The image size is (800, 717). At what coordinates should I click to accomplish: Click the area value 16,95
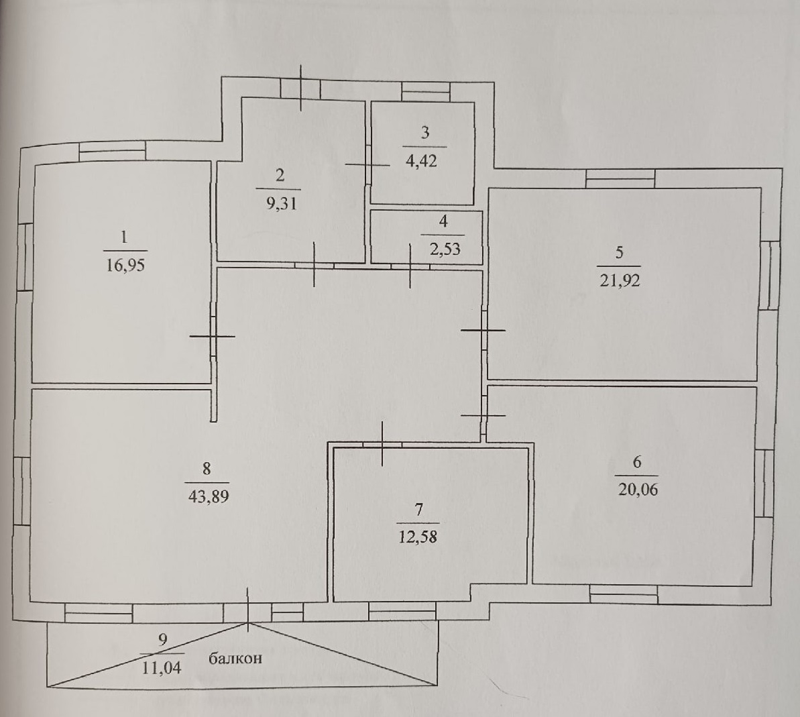[x=125, y=266]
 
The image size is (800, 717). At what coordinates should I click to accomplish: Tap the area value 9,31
[x=281, y=204]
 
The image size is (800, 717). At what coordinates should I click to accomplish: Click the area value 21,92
[x=620, y=280]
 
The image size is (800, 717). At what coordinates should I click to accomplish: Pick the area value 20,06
[x=638, y=490]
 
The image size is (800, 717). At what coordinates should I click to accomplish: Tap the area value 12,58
[x=417, y=537]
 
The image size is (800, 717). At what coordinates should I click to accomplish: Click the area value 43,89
[x=209, y=496]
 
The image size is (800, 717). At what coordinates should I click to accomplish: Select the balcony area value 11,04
[x=161, y=668]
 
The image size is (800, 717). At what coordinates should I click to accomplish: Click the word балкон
[x=235, y=659]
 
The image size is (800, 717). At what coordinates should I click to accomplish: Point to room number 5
[x=620, y=253]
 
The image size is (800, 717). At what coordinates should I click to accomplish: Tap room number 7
[x=419, y=510]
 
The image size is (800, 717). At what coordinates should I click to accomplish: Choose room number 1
[x=123, y=237]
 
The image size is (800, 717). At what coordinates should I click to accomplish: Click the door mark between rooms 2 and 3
[x=367, y=164]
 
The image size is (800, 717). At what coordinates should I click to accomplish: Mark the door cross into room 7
[x=383, y=444]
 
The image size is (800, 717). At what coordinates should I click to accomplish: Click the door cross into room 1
[x=213, y=336]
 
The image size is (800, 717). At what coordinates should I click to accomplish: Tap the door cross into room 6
[x=483, y=415]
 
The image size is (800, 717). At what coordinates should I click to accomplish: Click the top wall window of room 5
[x=620, y=178]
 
